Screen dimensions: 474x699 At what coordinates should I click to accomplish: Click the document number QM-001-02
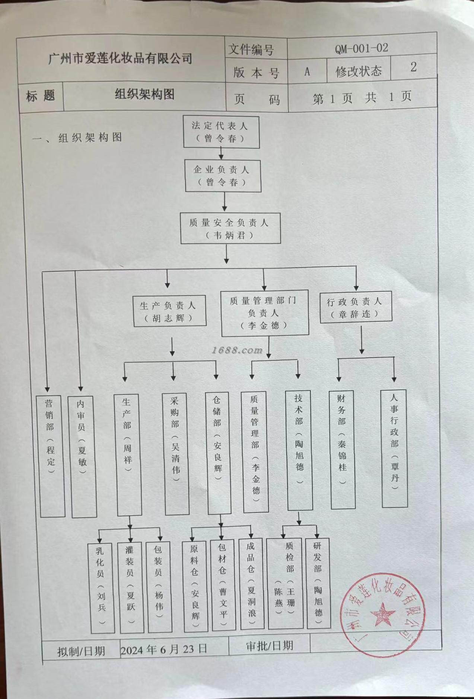pyautogui.click(x=361, y=48)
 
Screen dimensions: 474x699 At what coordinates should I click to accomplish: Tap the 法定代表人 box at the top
pyautogui.click(x=221, y=132)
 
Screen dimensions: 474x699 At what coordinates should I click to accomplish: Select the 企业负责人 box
pyautogui.click(x=223, y=176)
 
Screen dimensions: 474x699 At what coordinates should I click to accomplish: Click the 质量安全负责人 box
pyautogui.click(x=230, y=229)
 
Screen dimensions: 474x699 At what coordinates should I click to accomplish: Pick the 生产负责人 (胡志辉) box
pyautogui.click(x=169, y=312)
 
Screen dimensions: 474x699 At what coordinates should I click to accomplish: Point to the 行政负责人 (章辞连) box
pyautogui.click(x=356, y=307)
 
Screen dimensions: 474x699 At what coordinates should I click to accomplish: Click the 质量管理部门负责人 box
pyautogui.click(x=264, y=313)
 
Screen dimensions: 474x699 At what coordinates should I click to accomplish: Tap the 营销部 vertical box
pyautogui.click(x=52, y=456)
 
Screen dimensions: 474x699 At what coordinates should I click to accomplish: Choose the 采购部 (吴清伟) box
pyautogui.click(x=176, y=454)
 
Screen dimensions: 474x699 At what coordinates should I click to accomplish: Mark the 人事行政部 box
pyautogui.click(x=394, y=448)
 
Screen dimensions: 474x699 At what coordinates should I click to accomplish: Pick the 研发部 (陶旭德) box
pyautogui.click(x=318, y=583)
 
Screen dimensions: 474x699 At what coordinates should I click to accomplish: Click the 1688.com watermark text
pyautogui.click(x=237, y=350)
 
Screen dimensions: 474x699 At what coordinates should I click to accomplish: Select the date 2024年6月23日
pyautogui.click(x=164, y=649)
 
